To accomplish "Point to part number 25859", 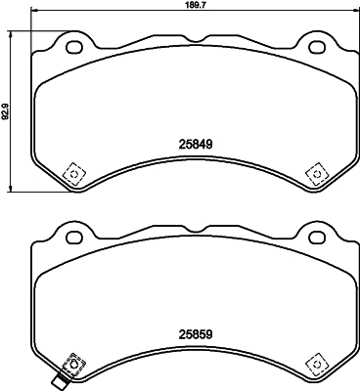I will pos(195,331).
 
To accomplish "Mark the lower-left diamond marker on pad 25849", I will pos(72,172).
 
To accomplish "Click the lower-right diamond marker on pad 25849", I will pos(316,172).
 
